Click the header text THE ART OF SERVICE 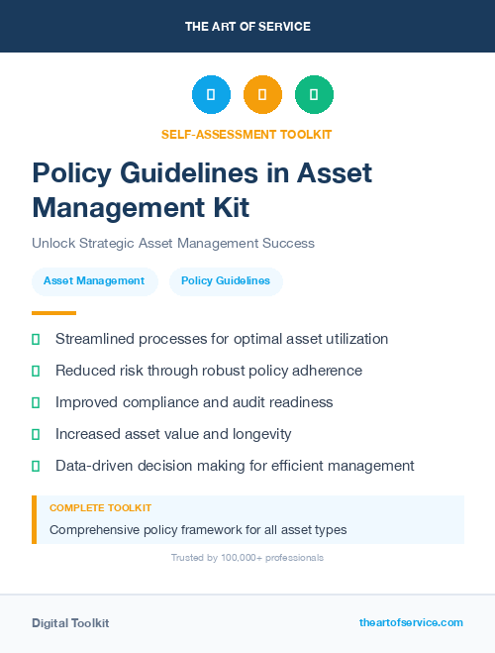(x=247, y=27)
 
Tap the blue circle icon (x=211, y=95)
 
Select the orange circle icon (x=262, y=95)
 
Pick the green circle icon (x=314, y=95)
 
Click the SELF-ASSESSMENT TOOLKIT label (x=247, y=134)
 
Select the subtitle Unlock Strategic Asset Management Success (x=172, y=243)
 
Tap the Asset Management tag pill (x=94, y=281)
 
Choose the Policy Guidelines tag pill (x=226, y=281)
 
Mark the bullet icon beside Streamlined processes (x=36, y=339)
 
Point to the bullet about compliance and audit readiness (x=194, y=402)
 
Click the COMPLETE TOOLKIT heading (x=100, y=507)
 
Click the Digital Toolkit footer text (x=70, y=623)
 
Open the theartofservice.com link (x=411, y=622)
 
